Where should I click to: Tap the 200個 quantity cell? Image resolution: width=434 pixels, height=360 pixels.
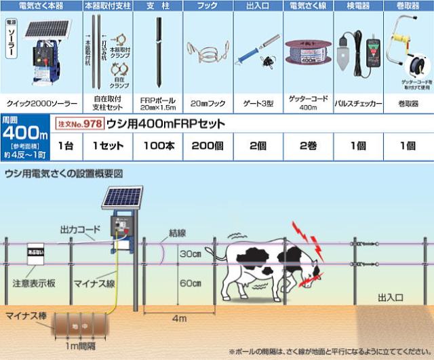pos(210,145)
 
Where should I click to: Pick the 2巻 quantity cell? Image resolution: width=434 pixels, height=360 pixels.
pos(307,145)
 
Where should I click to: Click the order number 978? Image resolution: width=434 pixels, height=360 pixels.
pos(92,125)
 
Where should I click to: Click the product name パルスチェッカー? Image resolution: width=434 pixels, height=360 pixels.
pos(359,105)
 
